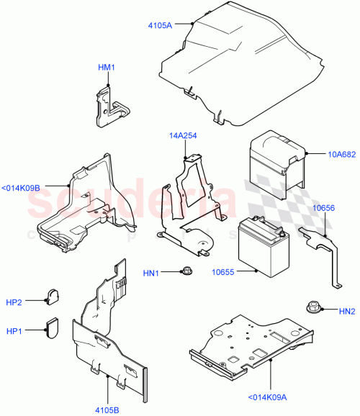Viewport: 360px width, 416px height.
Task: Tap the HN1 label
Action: point(153,272)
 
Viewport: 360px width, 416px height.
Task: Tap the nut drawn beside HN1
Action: point(185,271)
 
